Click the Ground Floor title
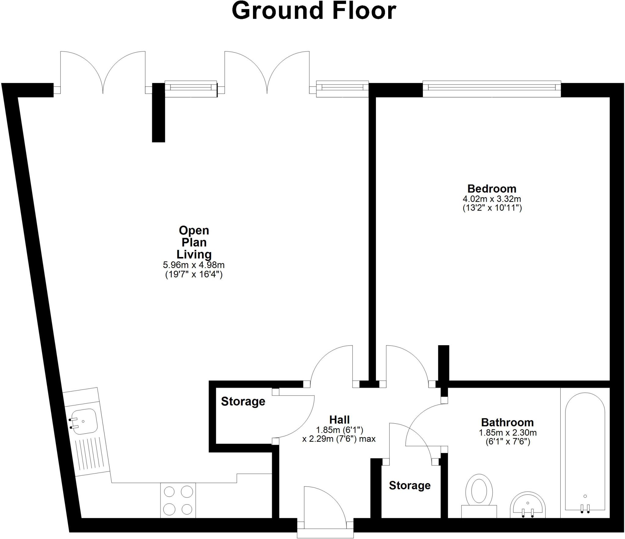click(314, 11)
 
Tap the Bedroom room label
click(492, 188)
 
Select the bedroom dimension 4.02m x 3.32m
click(492, 199)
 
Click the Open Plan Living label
click(194, 242)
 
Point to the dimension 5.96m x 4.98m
click(194, 265)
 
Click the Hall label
click(339, 420)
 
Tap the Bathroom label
click(507, 422)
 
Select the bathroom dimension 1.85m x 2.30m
click(508, 432)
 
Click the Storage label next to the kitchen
click(243, 401)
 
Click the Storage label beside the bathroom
click(410, 485)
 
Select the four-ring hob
click(178, 500)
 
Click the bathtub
click(585, 452)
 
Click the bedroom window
click(492, 89)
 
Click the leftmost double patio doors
click(103, 73)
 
